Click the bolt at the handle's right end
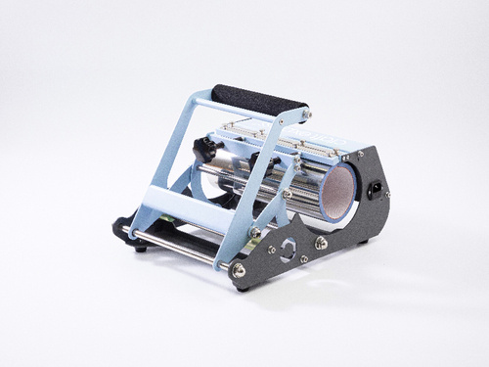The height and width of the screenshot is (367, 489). point(305,115)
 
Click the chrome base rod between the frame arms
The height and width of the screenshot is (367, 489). point(181,246)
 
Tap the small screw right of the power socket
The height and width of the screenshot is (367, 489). point(388,194)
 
